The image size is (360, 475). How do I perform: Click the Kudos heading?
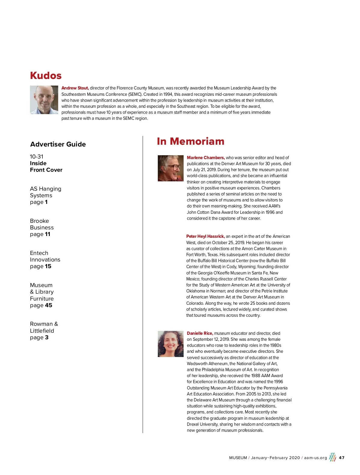pyautogui.click(x=46, y=76)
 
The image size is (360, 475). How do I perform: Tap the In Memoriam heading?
pyautogui.click(x=190, y=141)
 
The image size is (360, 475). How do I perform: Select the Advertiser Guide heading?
pyautogui.click(x=58, y=144)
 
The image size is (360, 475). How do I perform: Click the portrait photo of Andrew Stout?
pyautogui.click(x=44, y=100)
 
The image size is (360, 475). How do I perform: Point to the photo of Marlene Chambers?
pyautogui.click(x=170, y=168)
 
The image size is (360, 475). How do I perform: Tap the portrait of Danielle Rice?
pyautogui.click(x=170, y=344)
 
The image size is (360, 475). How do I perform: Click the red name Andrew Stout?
pyautogui.click(x=75, y=88)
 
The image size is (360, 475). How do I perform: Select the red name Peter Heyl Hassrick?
pyautogui.click(x=205, y=237)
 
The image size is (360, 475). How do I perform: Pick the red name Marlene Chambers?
pyautogui.click(x=205, y=158)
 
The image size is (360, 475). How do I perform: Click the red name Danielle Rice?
pyautogui.click(x=200, y=333)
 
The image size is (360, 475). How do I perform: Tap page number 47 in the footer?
pyautogui.click(x=341, y=458)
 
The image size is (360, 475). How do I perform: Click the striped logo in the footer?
pyautogui.click(x=332, y=457)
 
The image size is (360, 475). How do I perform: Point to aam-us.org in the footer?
pyautogui.click(x=315, y=458)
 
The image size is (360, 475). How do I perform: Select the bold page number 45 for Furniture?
pyautogui.click(x=49, y=305)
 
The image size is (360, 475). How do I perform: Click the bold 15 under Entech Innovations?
pyautogui.click(x=48, y=266)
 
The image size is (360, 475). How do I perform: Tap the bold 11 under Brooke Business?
pyautogui.click(x=47, y=234)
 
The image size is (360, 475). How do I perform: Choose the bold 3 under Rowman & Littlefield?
pyautogui.click(x=46, y=337)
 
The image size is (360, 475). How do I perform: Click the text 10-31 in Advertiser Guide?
pyautogui.click(x=37, y=157)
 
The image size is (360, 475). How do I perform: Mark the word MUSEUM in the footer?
pyautogui.click(x=238, y=458)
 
